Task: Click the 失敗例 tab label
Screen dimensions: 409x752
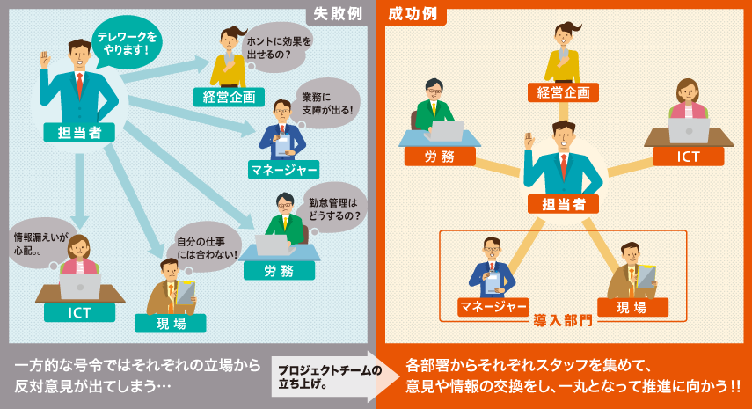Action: pos(338,15)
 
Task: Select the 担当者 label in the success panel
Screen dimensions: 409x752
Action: pos(564,204)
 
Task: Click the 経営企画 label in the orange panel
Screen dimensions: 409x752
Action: pos(563,91)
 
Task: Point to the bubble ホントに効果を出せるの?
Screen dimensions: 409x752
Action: pos(279,47)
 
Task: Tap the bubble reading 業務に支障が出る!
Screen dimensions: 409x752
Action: pos(326,103)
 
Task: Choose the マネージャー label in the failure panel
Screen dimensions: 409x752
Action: pos(283,169)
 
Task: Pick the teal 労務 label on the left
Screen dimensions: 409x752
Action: pos(279,271)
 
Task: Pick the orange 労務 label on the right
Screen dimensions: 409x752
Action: pos(440,157)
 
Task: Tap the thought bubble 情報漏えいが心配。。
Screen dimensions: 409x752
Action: pos(40,244)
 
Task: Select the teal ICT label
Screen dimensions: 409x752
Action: pos(80,313)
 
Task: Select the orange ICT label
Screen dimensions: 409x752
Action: pos(688,157)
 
